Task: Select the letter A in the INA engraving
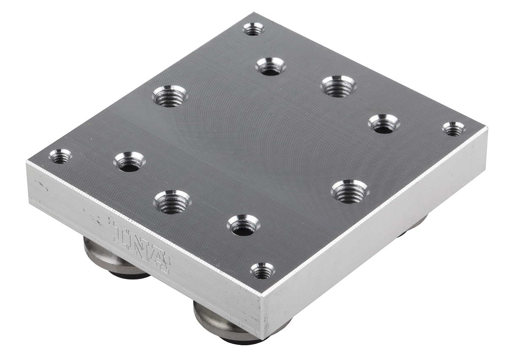click(x=159, y=258)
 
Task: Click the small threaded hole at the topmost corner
click(x=254, y=29)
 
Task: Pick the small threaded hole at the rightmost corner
click(x=454, y=129)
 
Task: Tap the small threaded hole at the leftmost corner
click(x=60, y=157)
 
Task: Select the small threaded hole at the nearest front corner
click(x=262, y=271)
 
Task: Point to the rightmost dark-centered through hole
click(x=384, y=124)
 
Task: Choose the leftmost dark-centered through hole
click(x=129, y=162)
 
